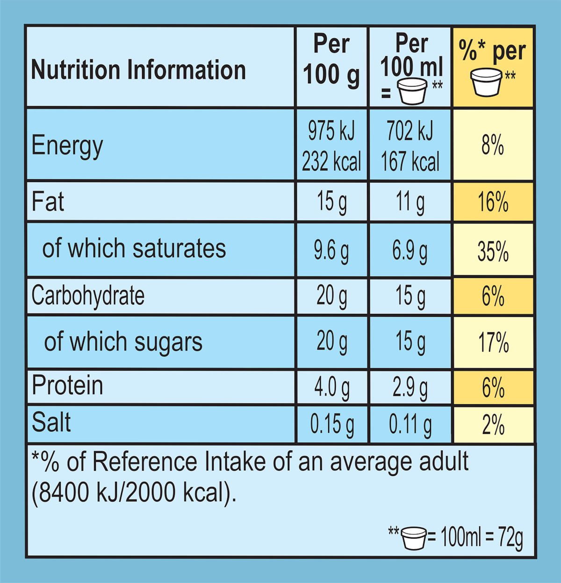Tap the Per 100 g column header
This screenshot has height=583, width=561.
(331, 60)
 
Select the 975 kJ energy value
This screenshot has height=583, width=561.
(331, 131)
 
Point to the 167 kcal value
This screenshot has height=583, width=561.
(410, 162)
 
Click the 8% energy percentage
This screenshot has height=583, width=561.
(493, 145)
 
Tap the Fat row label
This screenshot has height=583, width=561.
(48, 202)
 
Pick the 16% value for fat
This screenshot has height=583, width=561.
(493, 202)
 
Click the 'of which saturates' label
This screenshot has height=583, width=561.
(134, 248)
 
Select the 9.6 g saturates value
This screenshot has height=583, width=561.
(331, 250)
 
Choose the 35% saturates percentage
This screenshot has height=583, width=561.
(493, 251)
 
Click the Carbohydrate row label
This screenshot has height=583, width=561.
(88, 296)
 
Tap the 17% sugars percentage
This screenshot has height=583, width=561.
(493, 343)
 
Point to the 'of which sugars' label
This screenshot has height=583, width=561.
(123, 342)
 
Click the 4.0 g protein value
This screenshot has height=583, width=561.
(331, 387)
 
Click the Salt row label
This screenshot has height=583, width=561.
(51, 423)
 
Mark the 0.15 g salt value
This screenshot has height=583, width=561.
(331, 424)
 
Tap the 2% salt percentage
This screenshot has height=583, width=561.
(493, 425)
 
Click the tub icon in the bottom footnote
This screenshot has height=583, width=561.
(414, 538)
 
